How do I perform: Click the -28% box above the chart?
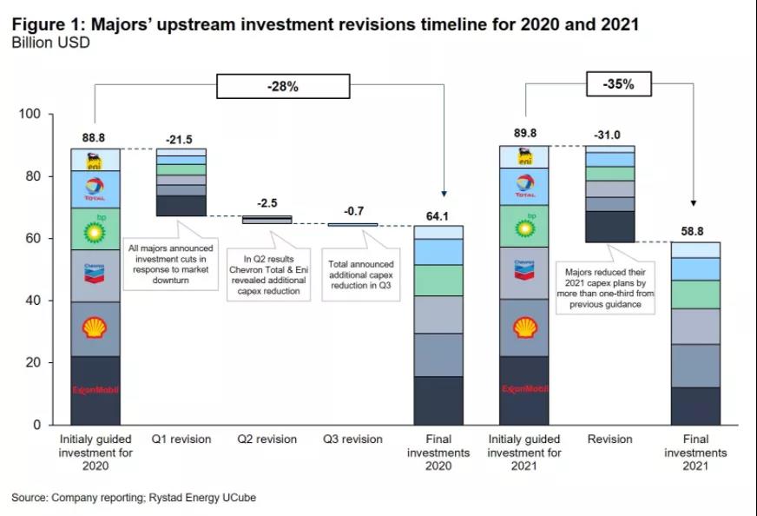coord(283,86)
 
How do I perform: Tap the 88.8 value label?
coord(95,136)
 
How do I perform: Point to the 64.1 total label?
coord(438,214)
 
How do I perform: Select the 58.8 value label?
coord(694,231)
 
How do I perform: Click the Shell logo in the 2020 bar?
coord(95,327)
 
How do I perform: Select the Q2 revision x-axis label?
coord(267,440)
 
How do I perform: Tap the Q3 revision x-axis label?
coord(352,440)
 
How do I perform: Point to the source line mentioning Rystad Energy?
coord(134,498)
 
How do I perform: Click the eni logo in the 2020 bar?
coord(95,161)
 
